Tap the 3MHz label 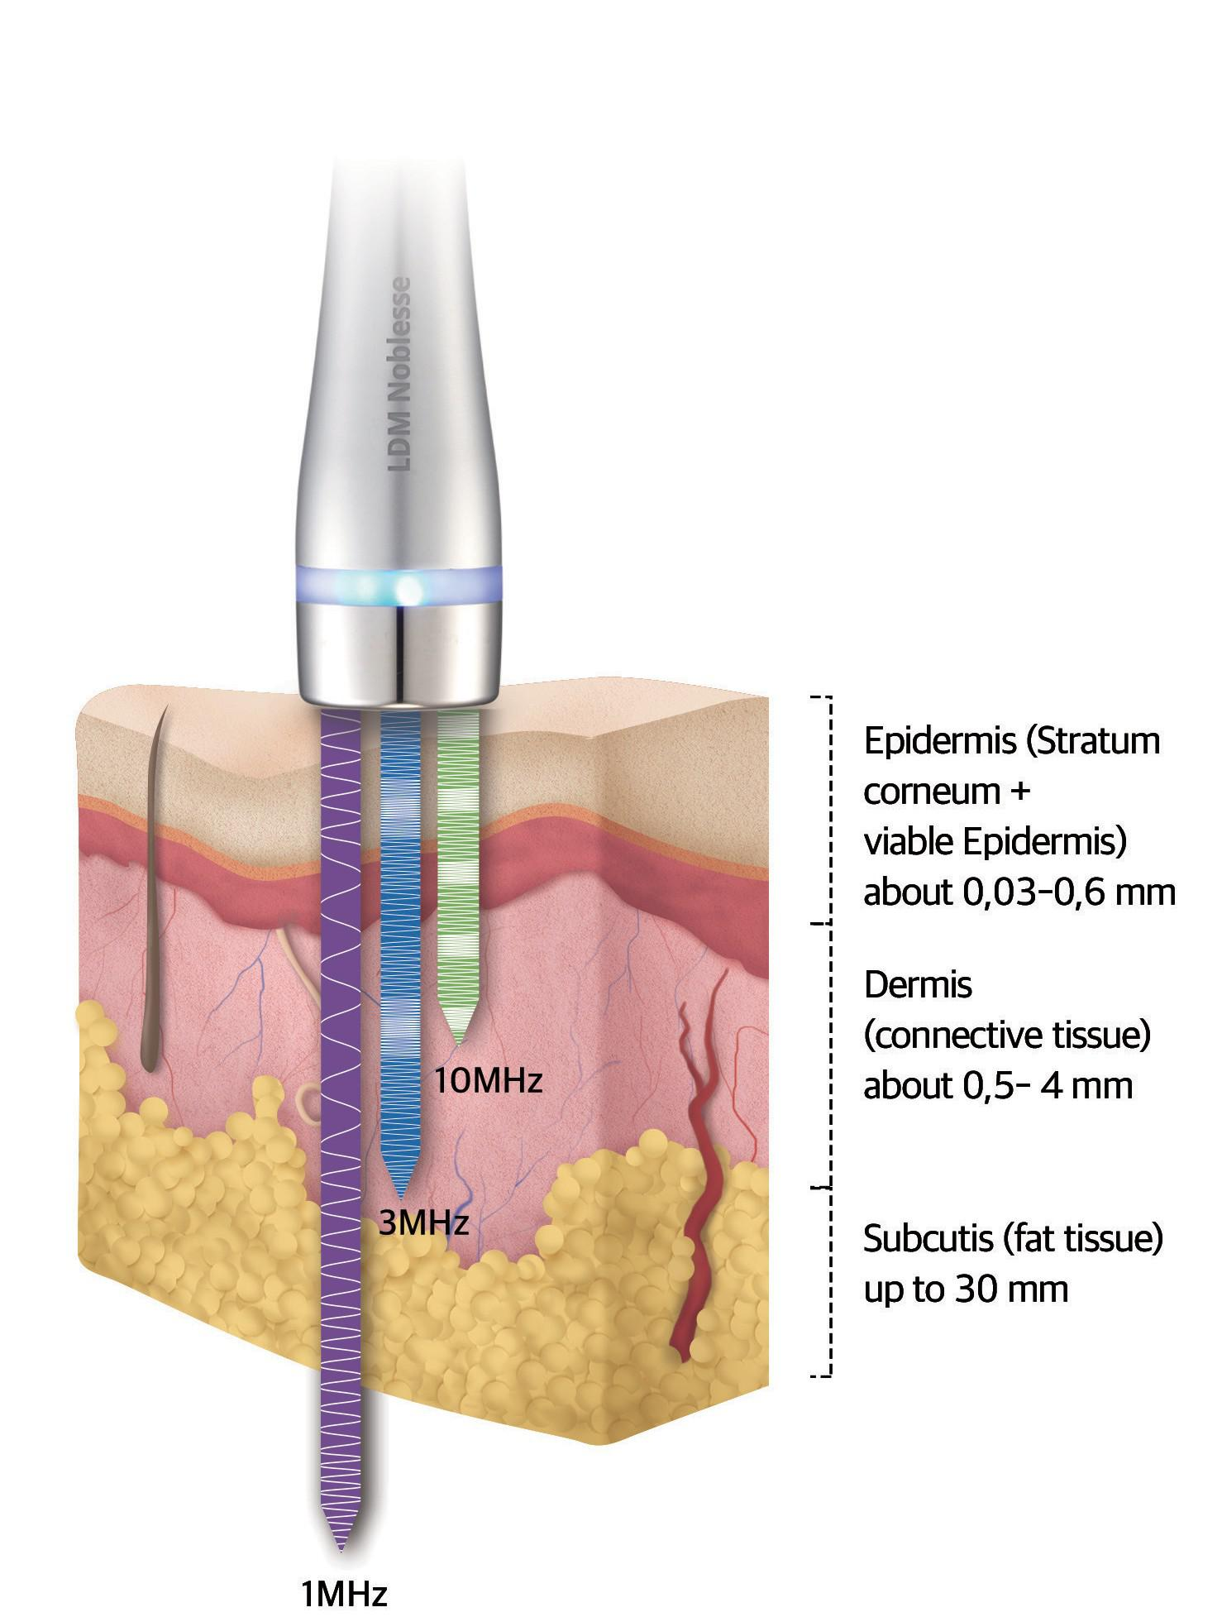pyautogui.click(x=423, y=1222)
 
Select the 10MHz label pyautogui.click(x=488, y=1080)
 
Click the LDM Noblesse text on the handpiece pyautogui.click(x=401, y=374)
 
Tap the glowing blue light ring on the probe pyautogui.click(x=399, y=585)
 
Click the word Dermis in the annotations pyautogui.click(x=918, y=984)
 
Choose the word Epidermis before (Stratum pyautogui.click(x=939, y=742)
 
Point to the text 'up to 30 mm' pyautogui.click(x=966, y=1289)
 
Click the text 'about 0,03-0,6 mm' pyautogui.click(x=1019, y=892)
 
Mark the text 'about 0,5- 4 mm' pyautogui.click(x=998, y=1085)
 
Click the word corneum pyautogui.click(x=932, y=792)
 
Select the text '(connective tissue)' pyautogui.click(x=1007, y=1036)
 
